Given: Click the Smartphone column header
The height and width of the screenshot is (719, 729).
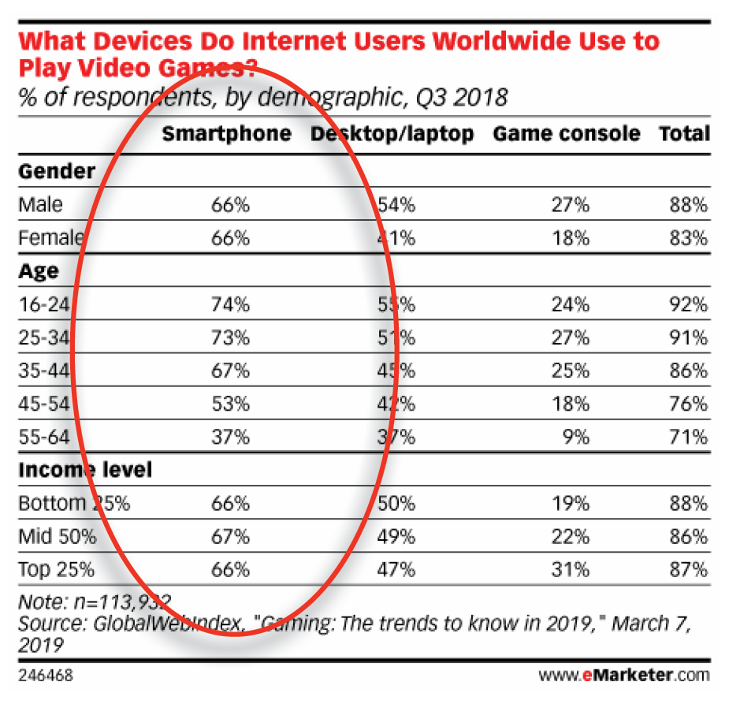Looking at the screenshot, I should coord(226,134).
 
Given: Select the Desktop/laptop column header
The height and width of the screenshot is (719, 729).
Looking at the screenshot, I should coord(392,134).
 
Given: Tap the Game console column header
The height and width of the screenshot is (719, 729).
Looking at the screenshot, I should coord(566,134).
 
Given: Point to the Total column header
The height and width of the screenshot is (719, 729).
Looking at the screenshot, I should coord(684,134).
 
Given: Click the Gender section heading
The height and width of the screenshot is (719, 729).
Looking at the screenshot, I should coord(56,171).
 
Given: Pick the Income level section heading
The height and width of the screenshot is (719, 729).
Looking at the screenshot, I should coord(84,471).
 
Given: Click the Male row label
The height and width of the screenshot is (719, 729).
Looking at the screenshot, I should coord(40,205).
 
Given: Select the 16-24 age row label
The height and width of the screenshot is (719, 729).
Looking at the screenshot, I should coord(44,304).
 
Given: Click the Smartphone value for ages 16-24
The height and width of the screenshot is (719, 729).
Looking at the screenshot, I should coord(230,304).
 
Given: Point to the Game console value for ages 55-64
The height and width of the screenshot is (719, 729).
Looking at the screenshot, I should coord(574,437).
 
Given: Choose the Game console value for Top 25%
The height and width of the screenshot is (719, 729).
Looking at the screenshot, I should coord(570,570).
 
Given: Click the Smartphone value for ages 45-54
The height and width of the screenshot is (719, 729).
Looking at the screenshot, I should coord(230,404).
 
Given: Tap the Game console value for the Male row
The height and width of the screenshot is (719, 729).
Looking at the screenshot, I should coord(570,205).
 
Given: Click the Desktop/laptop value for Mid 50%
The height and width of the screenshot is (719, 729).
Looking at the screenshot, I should coord(396,537).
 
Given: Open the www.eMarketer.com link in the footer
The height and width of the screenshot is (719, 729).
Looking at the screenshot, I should coord(623,676).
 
